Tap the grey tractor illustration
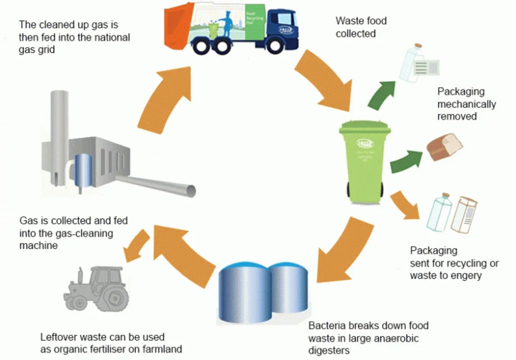(x=96, y=291)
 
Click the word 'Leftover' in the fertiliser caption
(x=58, y=338)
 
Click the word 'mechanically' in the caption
(x=466, y=104)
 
